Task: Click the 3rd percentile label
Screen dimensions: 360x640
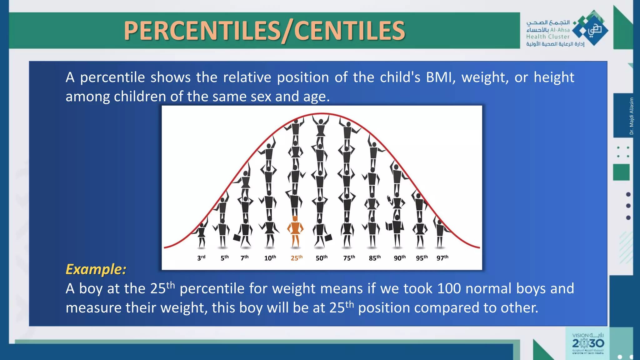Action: (x=201, y=258)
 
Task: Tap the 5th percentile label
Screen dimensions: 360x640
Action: (x=225, y=258)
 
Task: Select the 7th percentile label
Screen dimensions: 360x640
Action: (x=244, y=258)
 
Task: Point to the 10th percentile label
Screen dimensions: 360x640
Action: (x=270, y=258)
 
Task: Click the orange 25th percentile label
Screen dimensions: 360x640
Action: (x=297, y=258)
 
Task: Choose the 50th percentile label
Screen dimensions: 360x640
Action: (x=322, y=258)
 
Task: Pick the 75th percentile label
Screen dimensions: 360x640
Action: (x=349, y=258)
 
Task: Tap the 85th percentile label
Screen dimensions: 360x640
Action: (x=375, y=258)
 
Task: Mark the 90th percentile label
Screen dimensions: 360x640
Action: (x=400, y=258)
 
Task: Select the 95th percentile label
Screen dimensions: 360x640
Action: (x=422, y=258)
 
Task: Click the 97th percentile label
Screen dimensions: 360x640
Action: (x=442, y=258)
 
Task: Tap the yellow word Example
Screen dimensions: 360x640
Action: (x=96, y=269)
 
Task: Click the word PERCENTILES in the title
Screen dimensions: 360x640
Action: (x=202, y=31)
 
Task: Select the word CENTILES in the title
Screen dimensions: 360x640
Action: (x=349, y=31)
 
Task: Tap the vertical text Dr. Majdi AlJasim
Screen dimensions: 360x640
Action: (x=632, y=116)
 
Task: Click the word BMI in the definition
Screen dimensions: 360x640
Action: (x=439, y=77)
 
